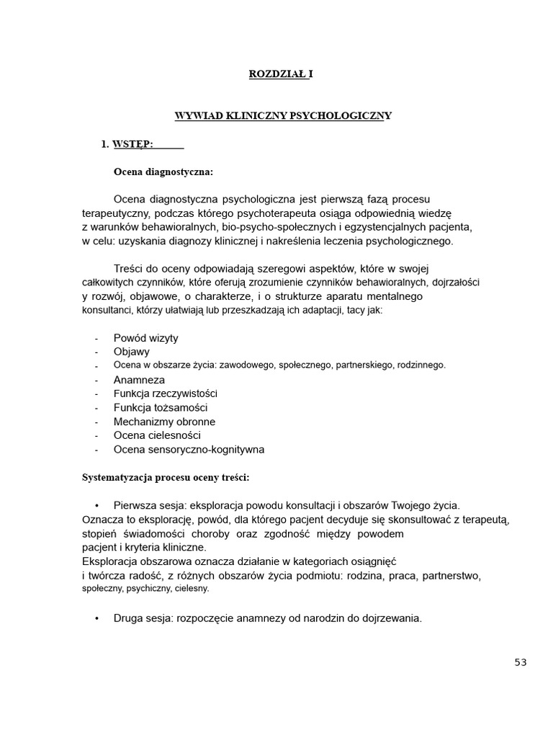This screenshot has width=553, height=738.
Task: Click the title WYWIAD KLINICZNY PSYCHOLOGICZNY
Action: [x=284, y=115]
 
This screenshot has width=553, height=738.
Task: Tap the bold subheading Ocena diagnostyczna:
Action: [x=163, y=172]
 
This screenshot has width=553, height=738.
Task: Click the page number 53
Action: [x=521, y=663]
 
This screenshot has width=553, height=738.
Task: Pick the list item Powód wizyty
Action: [x=146, y=338]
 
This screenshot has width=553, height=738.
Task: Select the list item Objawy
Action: [x=132, y=352]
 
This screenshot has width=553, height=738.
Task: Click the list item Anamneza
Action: [x=139, y=380]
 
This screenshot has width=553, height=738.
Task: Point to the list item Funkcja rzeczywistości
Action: [x=166, y=394]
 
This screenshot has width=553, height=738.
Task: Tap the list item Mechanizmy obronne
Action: [x=164, y=422]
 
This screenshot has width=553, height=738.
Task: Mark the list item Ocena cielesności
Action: [x=157, y=435]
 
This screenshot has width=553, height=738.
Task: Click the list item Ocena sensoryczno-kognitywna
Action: [x=189, y=450]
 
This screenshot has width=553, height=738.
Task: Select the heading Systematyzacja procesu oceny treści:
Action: [x=166, y=477]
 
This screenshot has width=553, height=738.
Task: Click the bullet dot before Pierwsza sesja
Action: [x=96, y=505]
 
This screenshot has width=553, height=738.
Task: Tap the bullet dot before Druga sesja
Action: [x=96, y=618]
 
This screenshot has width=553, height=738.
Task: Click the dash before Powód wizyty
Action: [x=96, y=339]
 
